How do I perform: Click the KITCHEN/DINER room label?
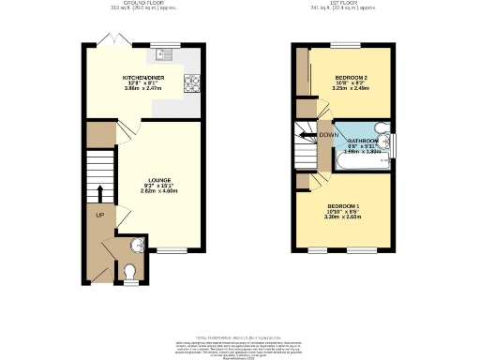[x=142, y=78]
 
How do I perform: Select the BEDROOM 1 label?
[x=343, y=205]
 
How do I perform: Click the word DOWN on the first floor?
[x=328, y=135]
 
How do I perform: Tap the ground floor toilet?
[x=130, y=273]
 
